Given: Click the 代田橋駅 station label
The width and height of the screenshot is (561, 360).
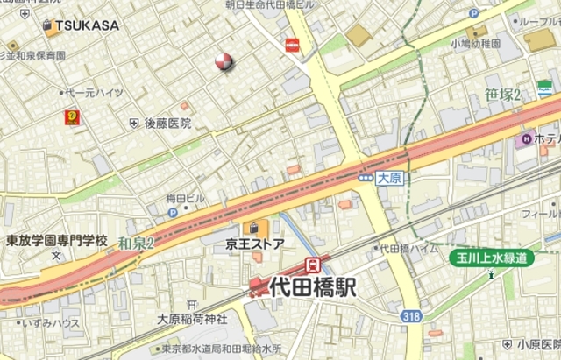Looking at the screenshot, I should click(x=314, y=286).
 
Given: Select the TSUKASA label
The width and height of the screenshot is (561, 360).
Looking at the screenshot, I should click(x=86, y=25).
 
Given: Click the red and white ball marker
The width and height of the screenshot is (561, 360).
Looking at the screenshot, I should click(x=224, y=60).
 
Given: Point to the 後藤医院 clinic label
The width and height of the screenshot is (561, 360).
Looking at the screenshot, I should click(x=167, y=124).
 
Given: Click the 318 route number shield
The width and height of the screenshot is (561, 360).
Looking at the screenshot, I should click(x=410, y=315).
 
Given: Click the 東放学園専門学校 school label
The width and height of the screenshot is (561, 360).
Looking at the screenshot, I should click(x=56, y=240).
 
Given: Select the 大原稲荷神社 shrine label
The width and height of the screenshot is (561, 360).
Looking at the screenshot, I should click(x=192, y=319).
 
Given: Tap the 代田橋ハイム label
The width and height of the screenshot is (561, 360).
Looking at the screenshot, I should click(x=408, y=249).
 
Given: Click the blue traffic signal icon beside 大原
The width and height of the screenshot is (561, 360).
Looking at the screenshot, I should click(x=366, y=178).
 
